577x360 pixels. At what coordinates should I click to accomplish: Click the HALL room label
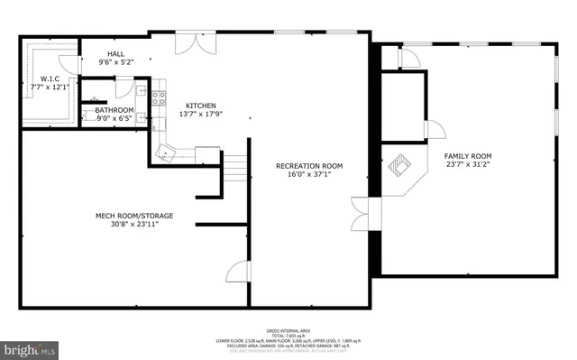115,54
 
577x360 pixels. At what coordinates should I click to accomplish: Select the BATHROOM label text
114,111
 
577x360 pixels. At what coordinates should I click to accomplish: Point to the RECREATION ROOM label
309,166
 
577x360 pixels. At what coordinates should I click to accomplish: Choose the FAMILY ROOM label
469,156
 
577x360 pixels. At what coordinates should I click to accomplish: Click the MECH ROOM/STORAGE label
134,216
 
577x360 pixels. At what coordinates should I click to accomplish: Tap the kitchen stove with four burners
159,97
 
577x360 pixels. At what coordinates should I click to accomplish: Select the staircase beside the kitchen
234,166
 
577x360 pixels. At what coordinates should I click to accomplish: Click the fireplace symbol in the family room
399,168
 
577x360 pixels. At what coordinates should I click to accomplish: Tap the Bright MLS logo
29,347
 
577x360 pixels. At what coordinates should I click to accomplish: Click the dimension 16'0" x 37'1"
309,175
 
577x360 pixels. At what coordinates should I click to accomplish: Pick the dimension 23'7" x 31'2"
469,165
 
